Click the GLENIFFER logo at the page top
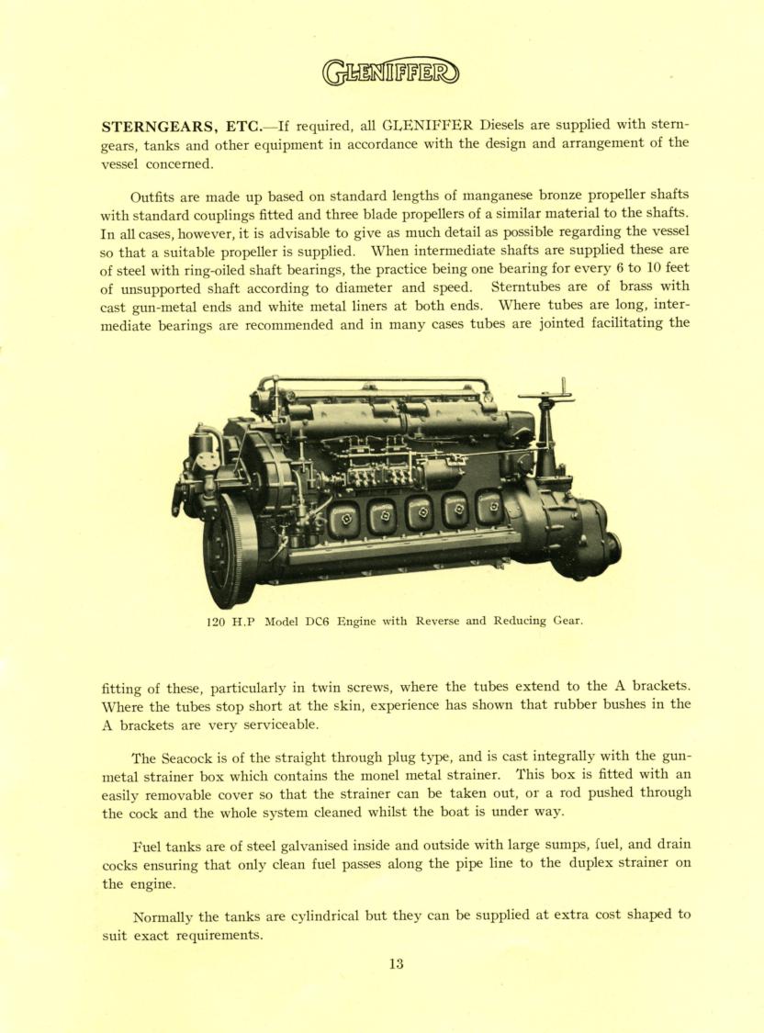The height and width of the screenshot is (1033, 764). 391,70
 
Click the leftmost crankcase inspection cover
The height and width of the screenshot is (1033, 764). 344,519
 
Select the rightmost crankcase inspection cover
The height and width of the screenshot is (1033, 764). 489,506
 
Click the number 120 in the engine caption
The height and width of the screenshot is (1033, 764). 216,621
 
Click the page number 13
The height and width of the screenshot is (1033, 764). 396,963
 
